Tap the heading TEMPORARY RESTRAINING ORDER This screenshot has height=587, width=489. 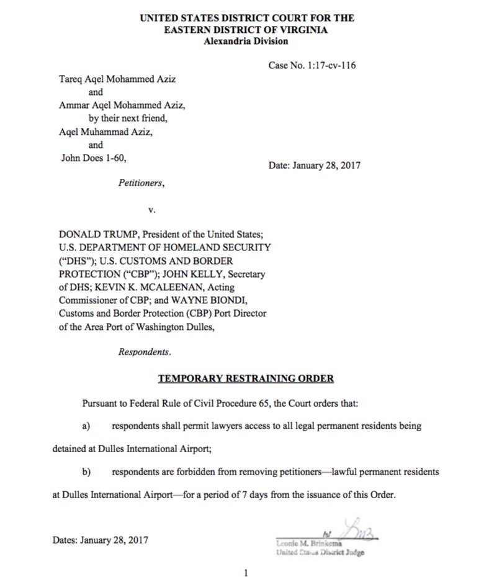(x=246, y=378)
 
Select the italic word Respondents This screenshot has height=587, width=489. (x=145, y=351)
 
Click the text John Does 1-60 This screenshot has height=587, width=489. (x=93, y=157)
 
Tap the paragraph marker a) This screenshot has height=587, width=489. (x=86, y=427)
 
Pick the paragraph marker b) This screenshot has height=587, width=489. (x=86, y=472)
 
